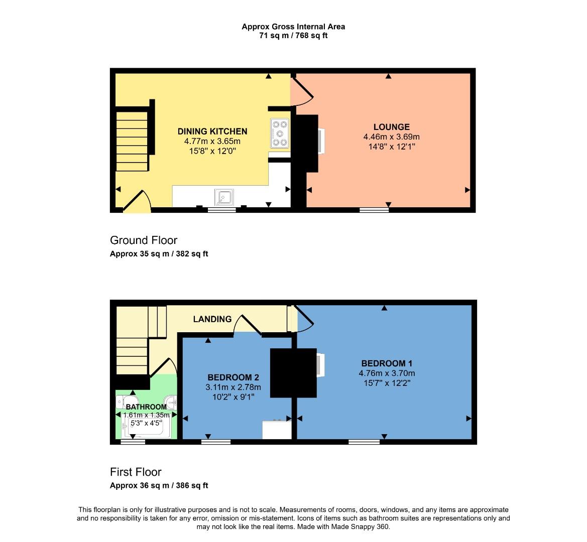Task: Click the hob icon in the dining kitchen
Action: point(280,133)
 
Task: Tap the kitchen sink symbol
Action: point(223,197)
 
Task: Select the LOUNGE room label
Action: point(391,127)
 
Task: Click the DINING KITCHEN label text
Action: point(212,131)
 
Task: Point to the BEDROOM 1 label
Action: point(387,363)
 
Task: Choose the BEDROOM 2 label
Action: point(233,377)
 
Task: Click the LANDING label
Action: point(212,319)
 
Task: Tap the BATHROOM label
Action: point(146,407)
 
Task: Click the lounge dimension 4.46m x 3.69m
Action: point(391,137)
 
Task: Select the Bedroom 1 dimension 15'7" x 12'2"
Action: point(387,383)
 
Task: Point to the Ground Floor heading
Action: point(144,240)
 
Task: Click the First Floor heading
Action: point(136,472)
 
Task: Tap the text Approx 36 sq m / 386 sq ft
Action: point(159,486)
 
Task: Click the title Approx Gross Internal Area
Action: point(293,27)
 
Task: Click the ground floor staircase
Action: point(132,142)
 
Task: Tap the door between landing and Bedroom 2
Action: point(247,325)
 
